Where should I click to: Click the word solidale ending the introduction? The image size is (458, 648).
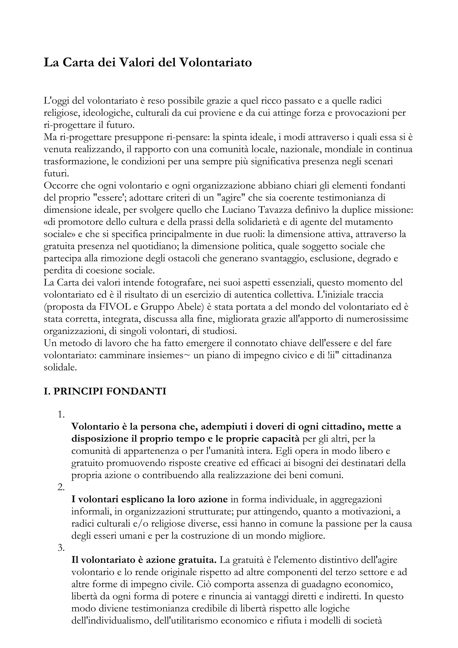click(60, 367)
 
